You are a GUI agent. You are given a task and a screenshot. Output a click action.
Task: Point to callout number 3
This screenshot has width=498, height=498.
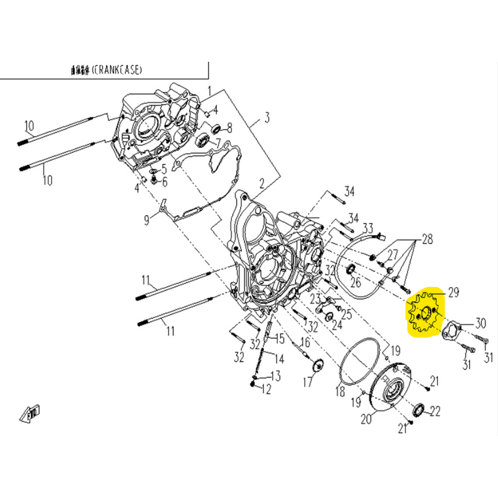tap(267, 118)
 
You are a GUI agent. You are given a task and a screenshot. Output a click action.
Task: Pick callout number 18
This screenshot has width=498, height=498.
tap(339, 392)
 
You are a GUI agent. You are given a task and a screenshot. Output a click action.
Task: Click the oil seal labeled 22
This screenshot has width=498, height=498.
tap(420, 409)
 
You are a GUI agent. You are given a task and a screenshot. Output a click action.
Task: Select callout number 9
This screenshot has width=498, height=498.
tap(146, 220)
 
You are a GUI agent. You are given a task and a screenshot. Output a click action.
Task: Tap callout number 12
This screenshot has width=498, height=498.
tap(266, 389)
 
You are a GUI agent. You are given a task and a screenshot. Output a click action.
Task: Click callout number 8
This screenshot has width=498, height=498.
tap(229, 128)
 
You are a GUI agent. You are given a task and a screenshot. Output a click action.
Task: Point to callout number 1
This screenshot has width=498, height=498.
tap(209, 91)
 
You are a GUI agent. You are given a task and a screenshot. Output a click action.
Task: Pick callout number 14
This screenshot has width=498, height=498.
tap(262, 358)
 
